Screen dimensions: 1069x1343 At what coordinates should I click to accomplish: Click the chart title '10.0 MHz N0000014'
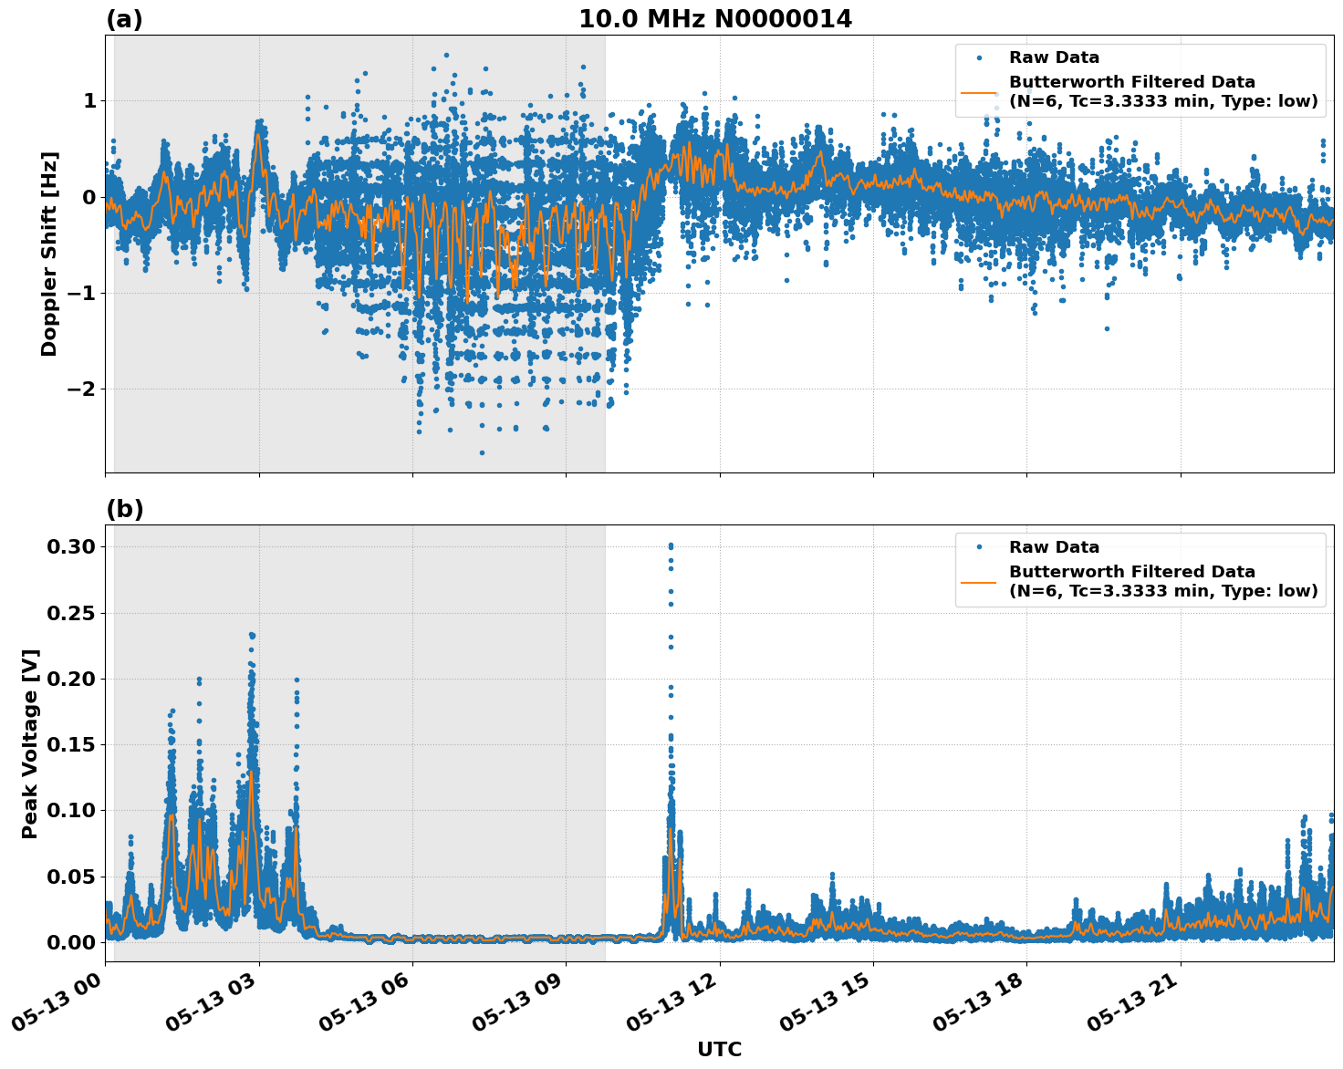[x=715, y=19]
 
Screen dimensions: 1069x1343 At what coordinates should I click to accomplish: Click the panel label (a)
[x=124, y=19]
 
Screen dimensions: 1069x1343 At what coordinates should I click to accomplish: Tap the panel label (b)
[x=124, y=509]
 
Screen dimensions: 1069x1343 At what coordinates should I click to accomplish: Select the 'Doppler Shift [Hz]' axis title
[x=49, y=254]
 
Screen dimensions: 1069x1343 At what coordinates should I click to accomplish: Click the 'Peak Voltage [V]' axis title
[x=30, y=743]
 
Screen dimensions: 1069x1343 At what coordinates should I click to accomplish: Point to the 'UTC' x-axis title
[x=719, y=1049]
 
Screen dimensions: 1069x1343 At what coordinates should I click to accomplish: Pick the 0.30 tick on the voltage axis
[x=71, y=547]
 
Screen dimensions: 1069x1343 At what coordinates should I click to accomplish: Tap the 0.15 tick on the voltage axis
[x=71, y=745]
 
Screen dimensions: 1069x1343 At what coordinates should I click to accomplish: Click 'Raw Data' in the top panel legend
[x=1054, y=58]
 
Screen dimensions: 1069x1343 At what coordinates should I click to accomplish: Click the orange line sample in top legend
[x=979, y=92]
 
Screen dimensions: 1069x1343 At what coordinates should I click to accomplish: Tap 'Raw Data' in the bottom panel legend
[x=1054, y=547]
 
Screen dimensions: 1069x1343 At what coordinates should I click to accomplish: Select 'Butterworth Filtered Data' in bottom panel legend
[x=1131, y=572]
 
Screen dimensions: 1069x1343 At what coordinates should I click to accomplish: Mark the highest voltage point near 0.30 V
[x=671, y=545]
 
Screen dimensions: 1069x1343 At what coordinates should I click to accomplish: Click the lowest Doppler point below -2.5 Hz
[x=482, y=452]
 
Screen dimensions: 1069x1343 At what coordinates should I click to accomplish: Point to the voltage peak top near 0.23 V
[x=252, y=634]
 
